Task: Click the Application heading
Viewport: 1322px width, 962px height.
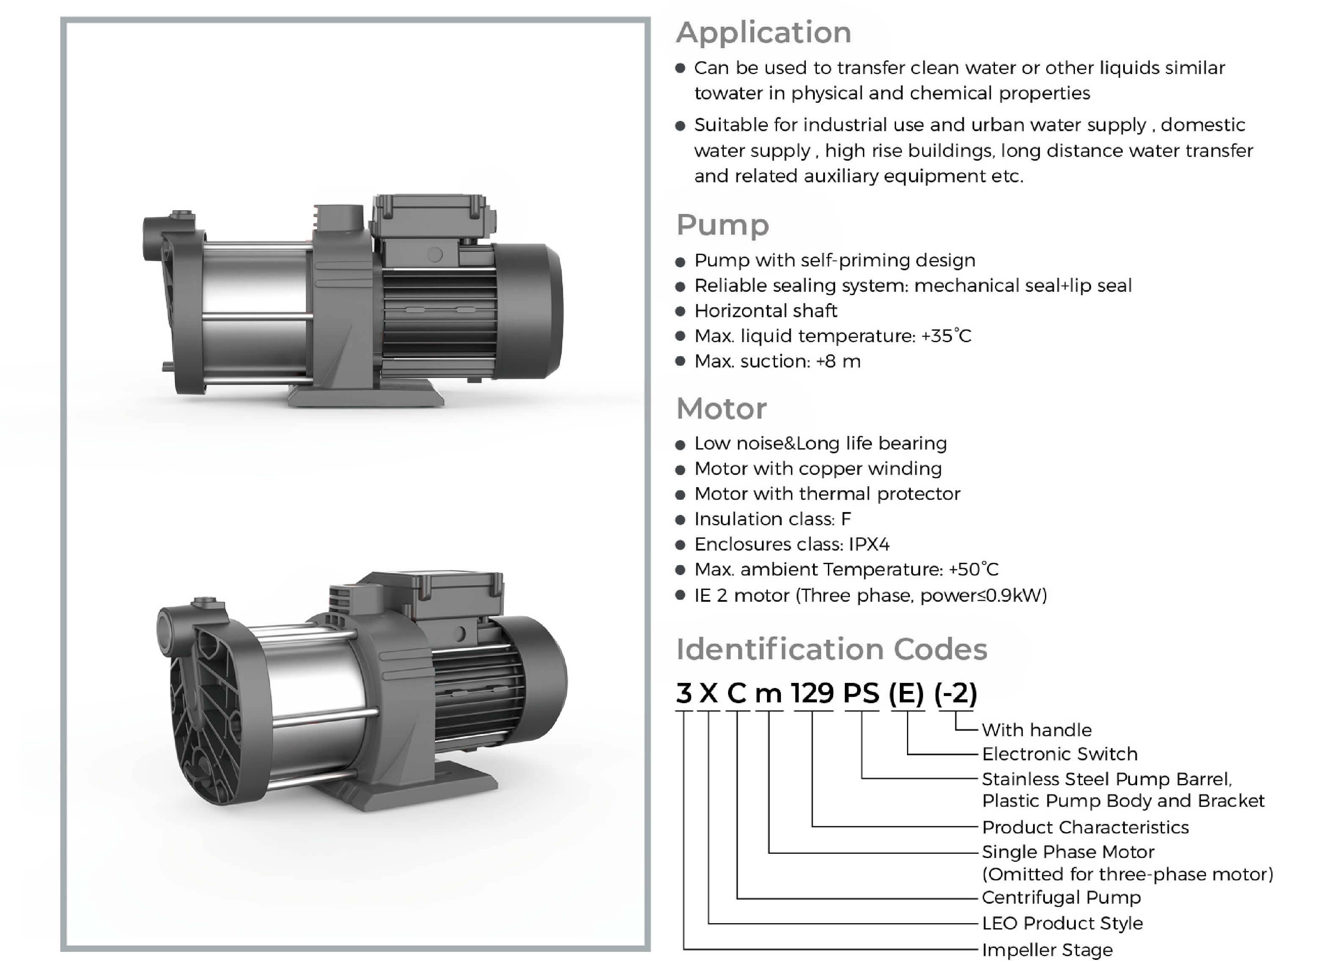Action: [764, 33]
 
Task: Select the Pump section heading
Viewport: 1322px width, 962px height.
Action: [723, 225]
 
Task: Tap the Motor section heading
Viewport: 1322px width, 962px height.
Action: [722, 408]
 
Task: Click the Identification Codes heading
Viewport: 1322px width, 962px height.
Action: [832, 649]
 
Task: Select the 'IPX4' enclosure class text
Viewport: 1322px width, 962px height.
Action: [869, 544]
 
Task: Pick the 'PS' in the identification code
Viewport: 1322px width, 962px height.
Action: [861, 693]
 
